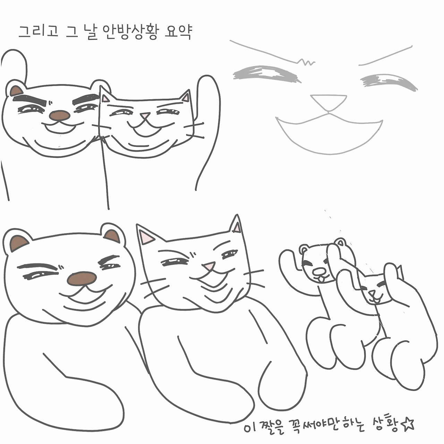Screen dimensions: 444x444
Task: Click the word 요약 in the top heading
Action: tap(178, 32)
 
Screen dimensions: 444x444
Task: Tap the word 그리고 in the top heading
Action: tap(38, 31)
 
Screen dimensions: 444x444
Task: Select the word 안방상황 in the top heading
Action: tap(130, 32)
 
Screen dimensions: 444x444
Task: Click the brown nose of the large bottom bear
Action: tap(82, 279)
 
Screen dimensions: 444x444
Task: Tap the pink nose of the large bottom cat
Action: tap(208, 266)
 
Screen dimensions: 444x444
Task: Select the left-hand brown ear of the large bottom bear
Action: tap(19, 242)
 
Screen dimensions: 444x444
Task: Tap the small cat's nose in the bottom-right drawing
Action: tap(372, 293)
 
